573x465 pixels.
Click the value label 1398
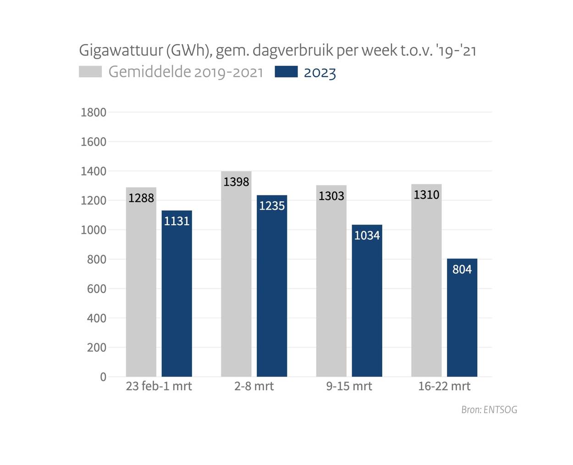coord(237,182)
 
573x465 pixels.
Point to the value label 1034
coord(367,236)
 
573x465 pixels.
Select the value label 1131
coord(177,221)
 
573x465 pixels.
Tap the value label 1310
coord(426,195)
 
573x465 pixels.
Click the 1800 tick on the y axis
coord(94,112)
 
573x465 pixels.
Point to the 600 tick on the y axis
coord(96,289)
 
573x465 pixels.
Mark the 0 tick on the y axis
coord(103,377)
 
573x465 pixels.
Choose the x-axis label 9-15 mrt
coord(349,386)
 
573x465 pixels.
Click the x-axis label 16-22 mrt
coord(444,386)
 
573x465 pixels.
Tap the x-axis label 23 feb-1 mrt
coord(159,386)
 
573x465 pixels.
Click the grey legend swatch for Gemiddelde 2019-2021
coord(90,72)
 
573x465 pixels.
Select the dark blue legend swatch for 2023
coord(286,72)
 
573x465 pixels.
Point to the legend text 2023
coord(320,73)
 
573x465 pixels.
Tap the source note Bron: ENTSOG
coord(489,410)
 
